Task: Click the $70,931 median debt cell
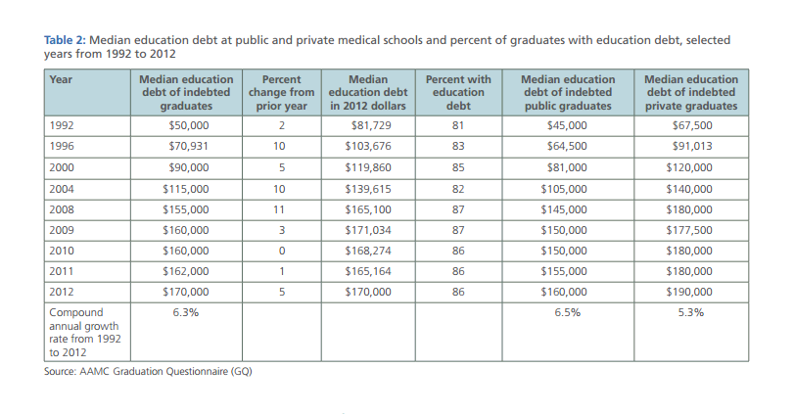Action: click(188, 146)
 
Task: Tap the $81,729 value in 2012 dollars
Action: click(370, 125)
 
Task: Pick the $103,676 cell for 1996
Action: click(370, 146)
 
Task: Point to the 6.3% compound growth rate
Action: click(186, 313)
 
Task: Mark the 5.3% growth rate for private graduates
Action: click(692, 313)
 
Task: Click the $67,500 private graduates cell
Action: click(692, 125)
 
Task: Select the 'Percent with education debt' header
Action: click(458, 92)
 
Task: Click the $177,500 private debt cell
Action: click(692, 230)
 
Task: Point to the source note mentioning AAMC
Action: click(147, 372)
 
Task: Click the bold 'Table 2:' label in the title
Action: click(67, 40)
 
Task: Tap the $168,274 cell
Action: click(370, 251)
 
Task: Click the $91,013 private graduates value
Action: click(692, 146)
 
